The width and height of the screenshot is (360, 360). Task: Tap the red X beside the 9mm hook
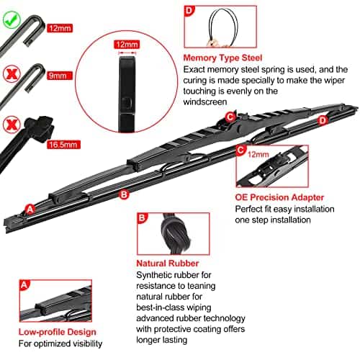tap(11, 74)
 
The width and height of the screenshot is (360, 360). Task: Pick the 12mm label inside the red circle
tap(126, 44)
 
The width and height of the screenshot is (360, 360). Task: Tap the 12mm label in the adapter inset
tap(258, 153)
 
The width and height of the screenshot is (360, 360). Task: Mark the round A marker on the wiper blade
tap(30, 209)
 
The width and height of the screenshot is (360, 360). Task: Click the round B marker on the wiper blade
tap(123, 194)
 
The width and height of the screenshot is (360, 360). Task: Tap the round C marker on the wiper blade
tap(230, 117)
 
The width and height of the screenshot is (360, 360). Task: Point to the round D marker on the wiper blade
tap(323, 120)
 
